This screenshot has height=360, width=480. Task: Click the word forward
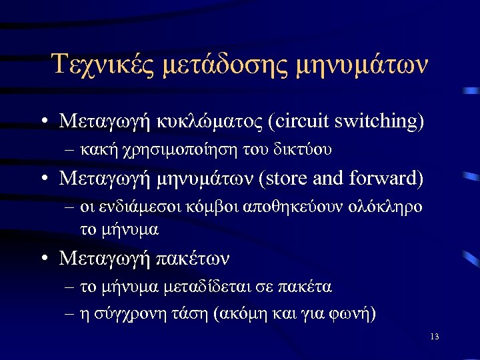389,179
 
